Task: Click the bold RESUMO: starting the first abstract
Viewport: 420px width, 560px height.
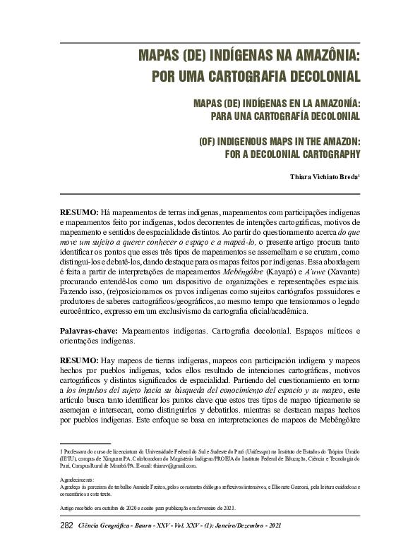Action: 78,212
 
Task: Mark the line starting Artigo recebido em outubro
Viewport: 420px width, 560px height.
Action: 147,506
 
